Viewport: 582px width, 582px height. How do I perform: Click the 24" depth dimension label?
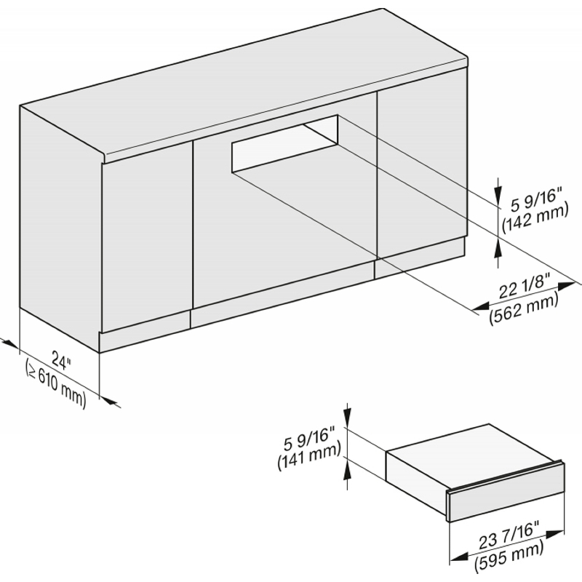(61, 360)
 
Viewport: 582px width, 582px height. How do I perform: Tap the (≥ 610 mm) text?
(56, 385)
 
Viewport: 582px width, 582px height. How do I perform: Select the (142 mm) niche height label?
(535, 219)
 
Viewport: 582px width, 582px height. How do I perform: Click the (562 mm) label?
(524, 308)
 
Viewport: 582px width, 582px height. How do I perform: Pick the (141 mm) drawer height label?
(308, 458)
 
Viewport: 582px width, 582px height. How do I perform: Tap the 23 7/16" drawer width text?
(508, 536)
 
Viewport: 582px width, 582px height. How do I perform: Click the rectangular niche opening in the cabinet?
(284, 143)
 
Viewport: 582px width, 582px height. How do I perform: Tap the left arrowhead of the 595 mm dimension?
(458, 557)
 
